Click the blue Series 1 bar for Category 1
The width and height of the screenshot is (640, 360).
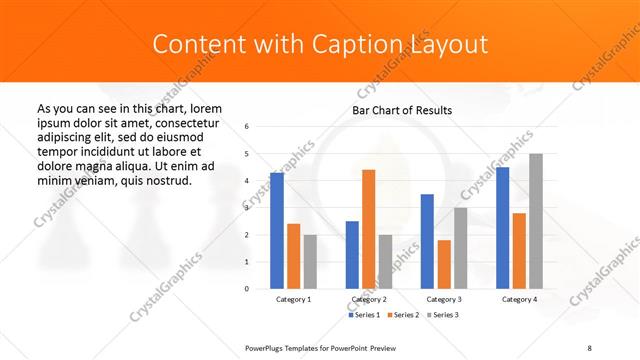[277, 230]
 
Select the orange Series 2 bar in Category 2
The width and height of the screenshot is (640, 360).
[368, 228]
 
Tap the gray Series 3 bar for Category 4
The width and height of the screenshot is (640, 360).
[536, 220]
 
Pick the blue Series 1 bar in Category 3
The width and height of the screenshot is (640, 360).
[427, 240]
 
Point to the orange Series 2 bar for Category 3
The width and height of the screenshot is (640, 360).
[444, 264]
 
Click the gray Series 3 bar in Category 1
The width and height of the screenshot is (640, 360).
[310, 261]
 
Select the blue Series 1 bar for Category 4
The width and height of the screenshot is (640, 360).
[502, 227]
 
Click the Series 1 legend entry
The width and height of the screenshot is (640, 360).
[365, 315]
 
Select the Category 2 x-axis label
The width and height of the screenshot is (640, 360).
[369, 299]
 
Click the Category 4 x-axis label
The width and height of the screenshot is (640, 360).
[519, 299]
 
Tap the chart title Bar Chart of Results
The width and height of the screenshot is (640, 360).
[402, 110]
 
